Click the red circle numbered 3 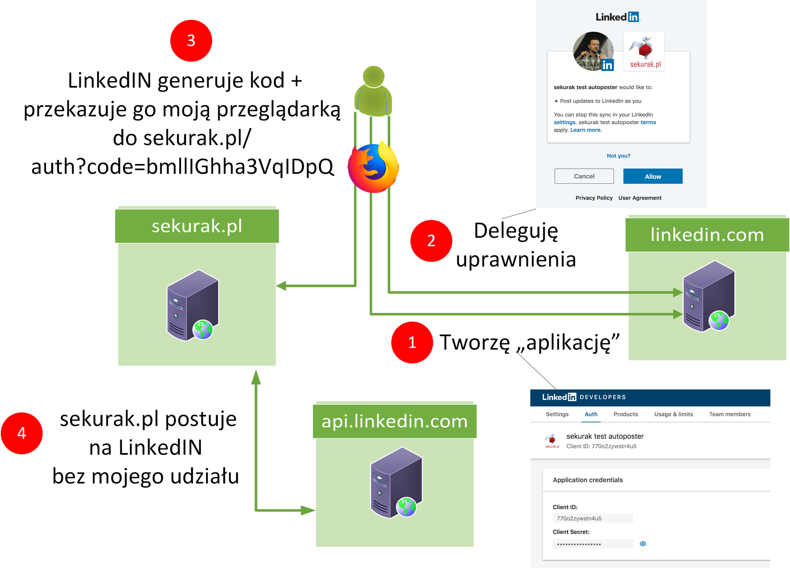[191, 41]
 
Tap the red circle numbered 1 [412, 342]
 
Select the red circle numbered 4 [22, 433]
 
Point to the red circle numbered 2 [431, 241]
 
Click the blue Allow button [652, 176]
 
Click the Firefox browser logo [373, 167]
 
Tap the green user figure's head [374, 77]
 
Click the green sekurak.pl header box [197, 226]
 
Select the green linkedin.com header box [707, 235]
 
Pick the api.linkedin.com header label [394, 421]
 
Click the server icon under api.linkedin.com [396, 483]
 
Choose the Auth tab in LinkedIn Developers [591, 414]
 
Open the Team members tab [729, 414]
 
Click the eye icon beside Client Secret [642, 544]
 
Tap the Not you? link [618, 156]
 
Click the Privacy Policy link [594, 198]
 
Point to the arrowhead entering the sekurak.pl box [281, 286]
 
